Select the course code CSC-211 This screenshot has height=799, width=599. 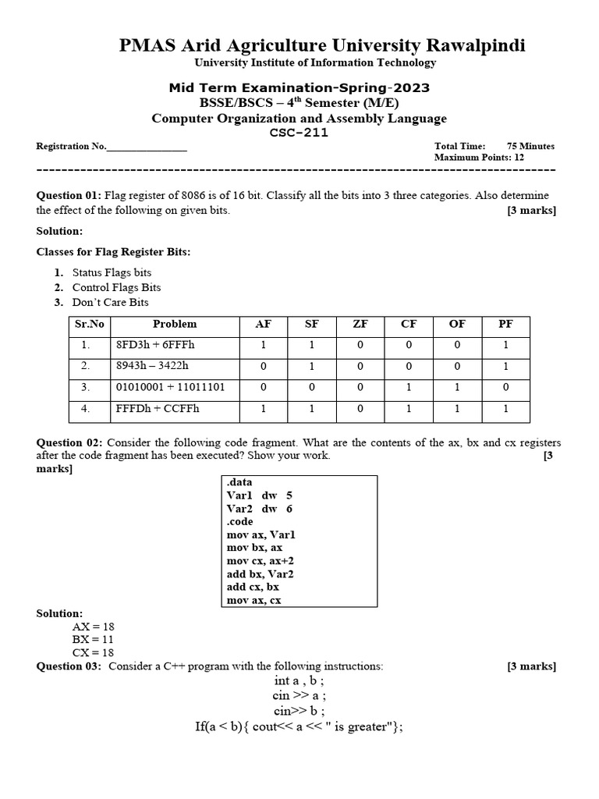point(299,133)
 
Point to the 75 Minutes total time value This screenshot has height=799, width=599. point(530,146)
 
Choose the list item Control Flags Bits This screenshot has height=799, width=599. point(116,287)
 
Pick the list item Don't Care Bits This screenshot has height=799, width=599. point(110,302)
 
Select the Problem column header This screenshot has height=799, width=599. point(175,324)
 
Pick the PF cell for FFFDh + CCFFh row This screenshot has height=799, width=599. point(507,408)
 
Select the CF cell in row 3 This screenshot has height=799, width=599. point(409,387)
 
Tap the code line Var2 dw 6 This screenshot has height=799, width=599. point(260,508)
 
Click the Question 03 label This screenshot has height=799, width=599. point(69,666)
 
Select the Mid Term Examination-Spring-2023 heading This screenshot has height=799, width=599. point(299,88)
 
